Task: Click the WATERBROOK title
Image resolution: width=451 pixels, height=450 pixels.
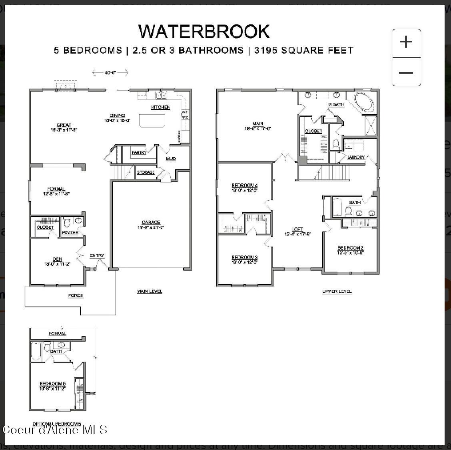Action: pos(204,32)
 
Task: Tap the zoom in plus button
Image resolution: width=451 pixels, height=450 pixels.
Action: pos(406,42)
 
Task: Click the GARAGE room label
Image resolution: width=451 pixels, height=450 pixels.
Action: pos(151,223)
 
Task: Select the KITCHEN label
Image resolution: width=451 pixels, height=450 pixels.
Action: pos(160,107)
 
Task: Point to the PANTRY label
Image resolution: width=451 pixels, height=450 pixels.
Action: pos(139,152)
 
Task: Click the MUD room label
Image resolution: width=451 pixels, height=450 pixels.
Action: pos(171,159)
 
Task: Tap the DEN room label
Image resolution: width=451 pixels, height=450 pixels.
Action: pos(57,259)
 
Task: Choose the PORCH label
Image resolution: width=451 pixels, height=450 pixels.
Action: pos(76,295)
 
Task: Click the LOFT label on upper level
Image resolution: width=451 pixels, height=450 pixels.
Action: pos(297,229)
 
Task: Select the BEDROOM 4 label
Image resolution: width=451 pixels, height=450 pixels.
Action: pos(244,185)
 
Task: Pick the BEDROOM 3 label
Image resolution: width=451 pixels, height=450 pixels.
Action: pos(244,257)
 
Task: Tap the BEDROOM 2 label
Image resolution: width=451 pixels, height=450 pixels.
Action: pos(350,248)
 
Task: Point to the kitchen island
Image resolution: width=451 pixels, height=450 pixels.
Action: pos(152,120)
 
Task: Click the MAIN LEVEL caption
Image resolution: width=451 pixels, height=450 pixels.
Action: pos(150,291)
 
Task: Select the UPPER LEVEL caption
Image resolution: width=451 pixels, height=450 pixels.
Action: pos(337,291)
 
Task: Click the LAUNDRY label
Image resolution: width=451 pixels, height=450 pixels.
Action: pos(355,157)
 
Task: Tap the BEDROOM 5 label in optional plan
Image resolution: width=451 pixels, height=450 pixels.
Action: pos(52,384)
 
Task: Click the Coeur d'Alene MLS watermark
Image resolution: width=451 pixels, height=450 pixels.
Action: pos(55,430)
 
